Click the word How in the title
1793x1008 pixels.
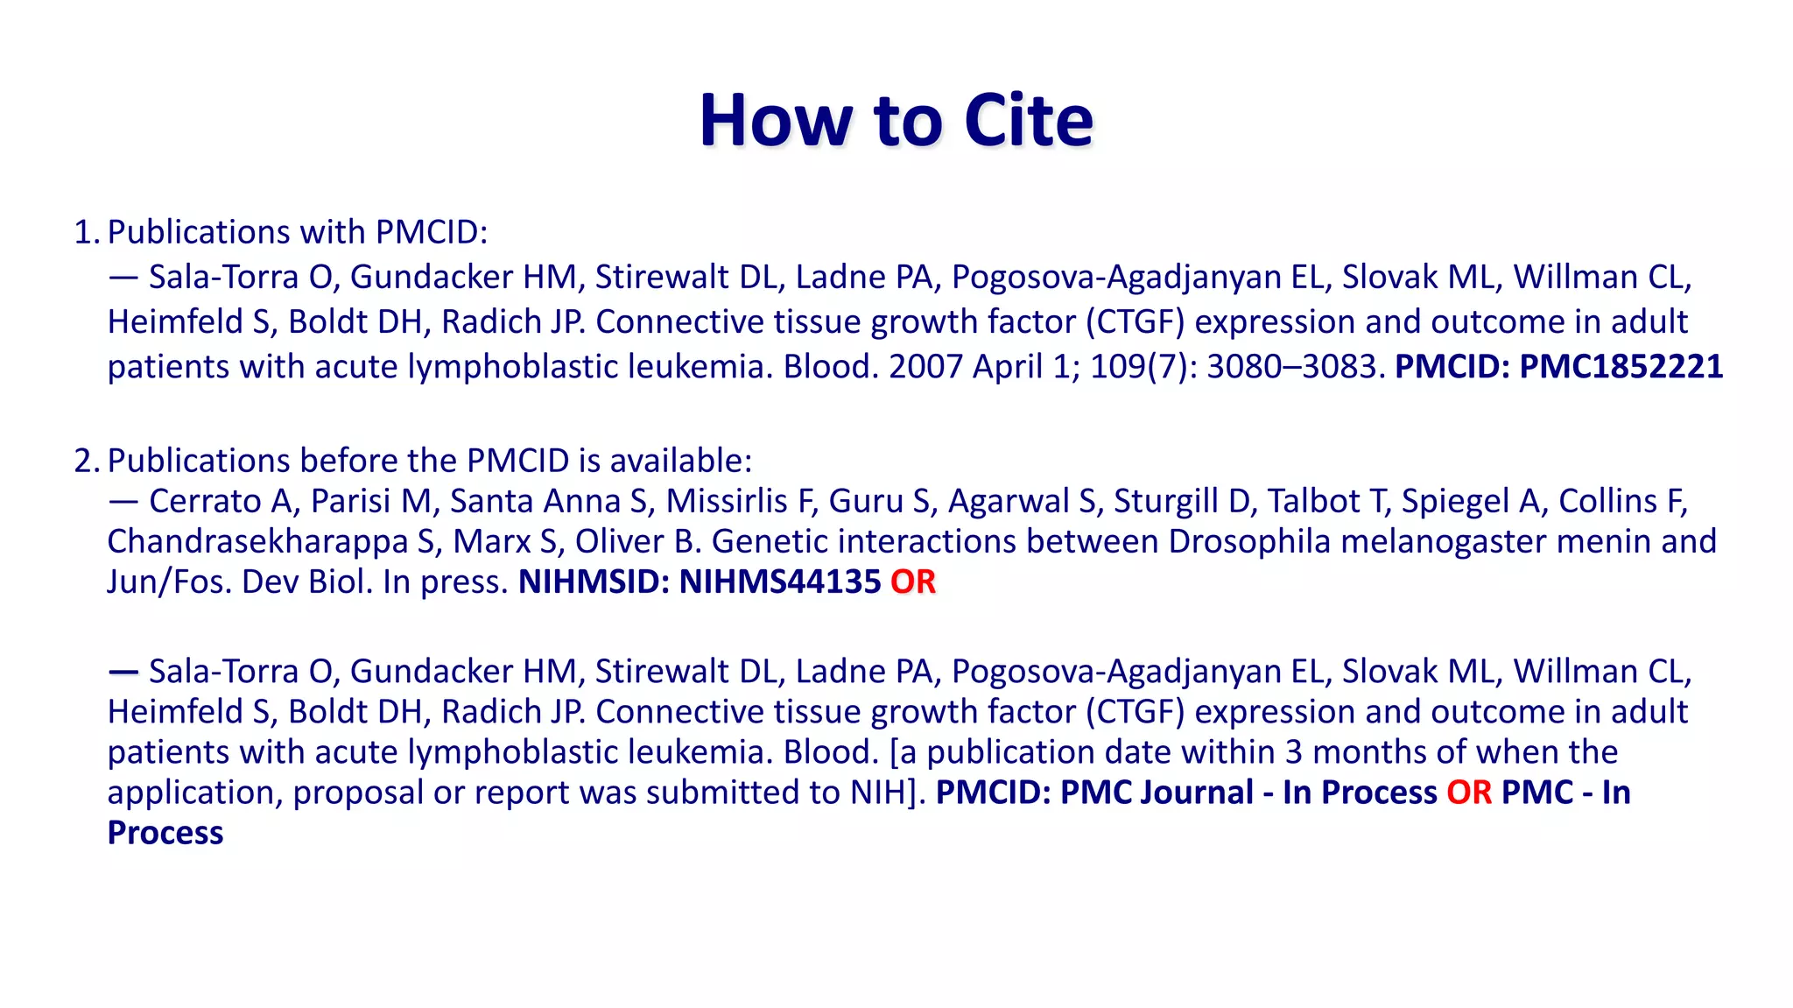(775, 120)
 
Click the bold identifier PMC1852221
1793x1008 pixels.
(1621, 366)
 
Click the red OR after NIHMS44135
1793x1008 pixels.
(913, 582)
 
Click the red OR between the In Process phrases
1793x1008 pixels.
(1468, 793)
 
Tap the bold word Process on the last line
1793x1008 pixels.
(165, 833)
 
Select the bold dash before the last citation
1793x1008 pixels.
(123, 672)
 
